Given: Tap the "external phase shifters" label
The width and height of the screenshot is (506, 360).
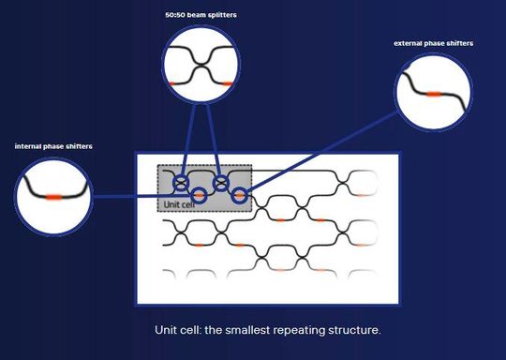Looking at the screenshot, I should (434, 43).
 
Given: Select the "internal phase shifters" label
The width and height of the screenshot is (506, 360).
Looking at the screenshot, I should (53, 146).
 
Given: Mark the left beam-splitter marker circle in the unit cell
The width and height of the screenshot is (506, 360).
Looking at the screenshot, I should (185, 181).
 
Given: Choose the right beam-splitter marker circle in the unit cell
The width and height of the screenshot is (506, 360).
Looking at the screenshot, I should (221, 182).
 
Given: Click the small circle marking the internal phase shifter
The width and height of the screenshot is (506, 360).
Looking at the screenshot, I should (199, 195).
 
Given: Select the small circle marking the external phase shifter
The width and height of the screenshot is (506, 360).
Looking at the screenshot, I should (240, 196).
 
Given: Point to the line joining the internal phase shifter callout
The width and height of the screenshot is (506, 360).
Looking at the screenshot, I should (141, 197).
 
